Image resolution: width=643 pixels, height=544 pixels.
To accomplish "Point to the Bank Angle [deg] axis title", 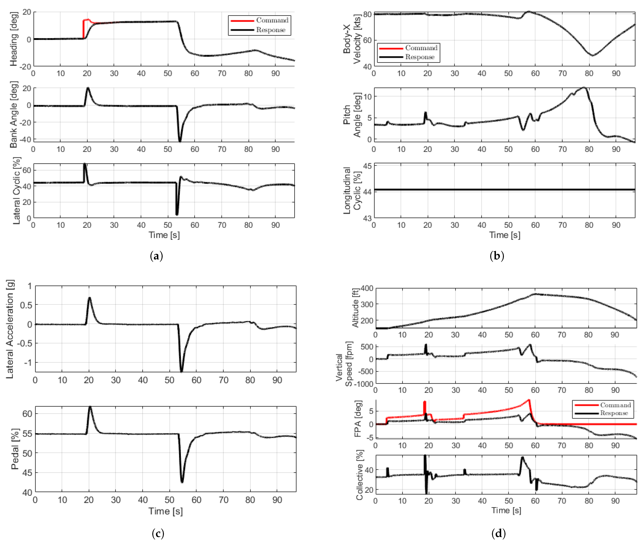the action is point(14,114).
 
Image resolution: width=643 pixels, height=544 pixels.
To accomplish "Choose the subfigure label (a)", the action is point(156,256).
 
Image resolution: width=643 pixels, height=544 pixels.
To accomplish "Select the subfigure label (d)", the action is point(498,533).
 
